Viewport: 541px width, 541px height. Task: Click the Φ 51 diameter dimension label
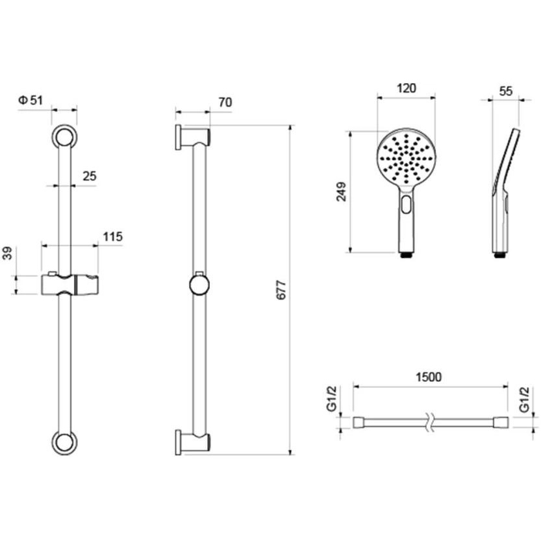click(x=31, y=101)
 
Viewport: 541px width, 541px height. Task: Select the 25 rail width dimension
click(x=90, y=176)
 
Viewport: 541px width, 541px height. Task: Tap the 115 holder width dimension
click(x=112, y=236)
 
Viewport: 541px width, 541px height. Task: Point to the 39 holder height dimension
click(x=8, y=253)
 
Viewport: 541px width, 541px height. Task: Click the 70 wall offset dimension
click(x=225, y=103)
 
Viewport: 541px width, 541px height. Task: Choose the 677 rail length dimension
click(x=282, y=290)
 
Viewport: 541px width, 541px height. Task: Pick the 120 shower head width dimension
click(x=406, y=88)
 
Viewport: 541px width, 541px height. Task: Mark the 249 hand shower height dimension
click(x=341, y=192)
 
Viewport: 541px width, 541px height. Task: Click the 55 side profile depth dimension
click(x=506, y=91)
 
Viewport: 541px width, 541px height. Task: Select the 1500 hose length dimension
click(x=428, y=377)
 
